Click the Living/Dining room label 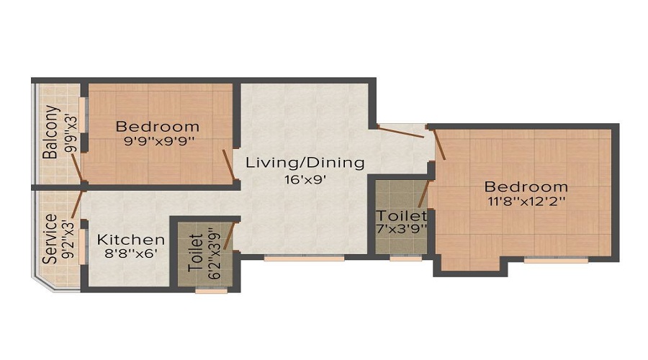(x=305, y=162)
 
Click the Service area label (x=50, y=239)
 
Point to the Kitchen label (x=131, y=240)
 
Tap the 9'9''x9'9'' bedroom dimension (x=158, y=142)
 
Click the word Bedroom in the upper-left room (x=158, y=127)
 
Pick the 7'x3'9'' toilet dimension (x=402, y=230)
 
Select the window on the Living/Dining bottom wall (x=293, y=258)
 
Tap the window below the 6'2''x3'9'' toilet (x=210, y=292)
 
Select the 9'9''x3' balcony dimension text (x=70, y=132)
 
